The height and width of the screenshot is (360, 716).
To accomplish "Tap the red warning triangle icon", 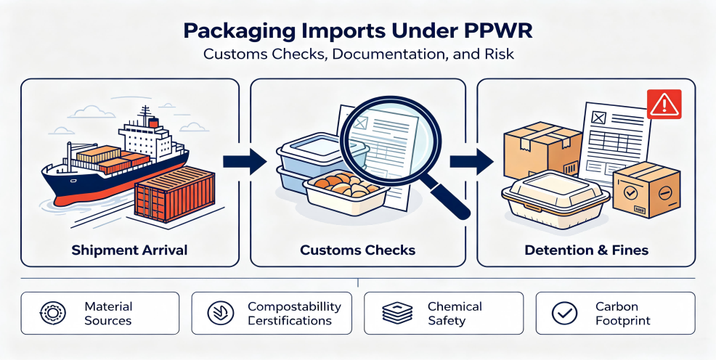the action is point(664,105).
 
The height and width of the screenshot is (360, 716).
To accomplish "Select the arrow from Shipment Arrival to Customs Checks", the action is point(245,161).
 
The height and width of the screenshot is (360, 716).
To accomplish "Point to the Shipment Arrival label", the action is point(129,250).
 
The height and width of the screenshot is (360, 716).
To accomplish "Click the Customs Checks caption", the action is point(357,250).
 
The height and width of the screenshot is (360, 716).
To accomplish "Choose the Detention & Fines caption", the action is point(586,250).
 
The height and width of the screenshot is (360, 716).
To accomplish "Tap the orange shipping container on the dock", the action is point(175,195).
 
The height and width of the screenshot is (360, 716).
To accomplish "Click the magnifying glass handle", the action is point(448,197).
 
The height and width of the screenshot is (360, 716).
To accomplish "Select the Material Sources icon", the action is point(52,313).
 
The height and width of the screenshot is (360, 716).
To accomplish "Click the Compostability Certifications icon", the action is point(221,313).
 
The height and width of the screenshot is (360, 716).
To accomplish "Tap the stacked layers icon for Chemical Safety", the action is point(396,313).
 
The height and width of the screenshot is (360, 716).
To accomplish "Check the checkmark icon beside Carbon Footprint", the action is point(564,313).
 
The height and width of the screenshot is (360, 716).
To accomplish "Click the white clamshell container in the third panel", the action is point(556,200).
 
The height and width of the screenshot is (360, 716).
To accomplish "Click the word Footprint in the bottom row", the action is point(623,320).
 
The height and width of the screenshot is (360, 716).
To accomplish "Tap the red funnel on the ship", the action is point(154,123).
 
